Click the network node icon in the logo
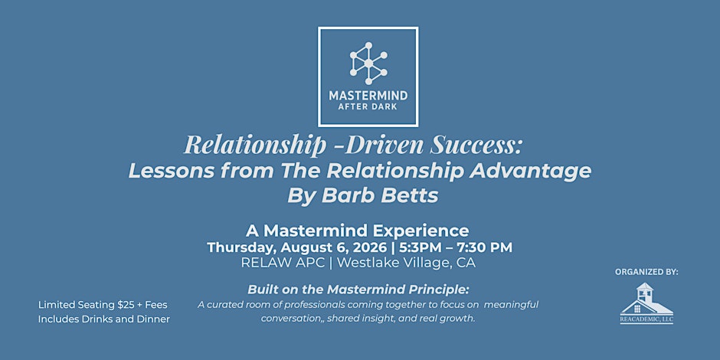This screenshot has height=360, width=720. [368, 64]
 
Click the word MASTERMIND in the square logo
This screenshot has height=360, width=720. [368, 96]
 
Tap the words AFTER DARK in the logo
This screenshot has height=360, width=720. [368, 107]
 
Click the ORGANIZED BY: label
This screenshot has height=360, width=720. [646, 272]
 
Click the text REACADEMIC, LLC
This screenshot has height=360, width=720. [646, 319]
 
